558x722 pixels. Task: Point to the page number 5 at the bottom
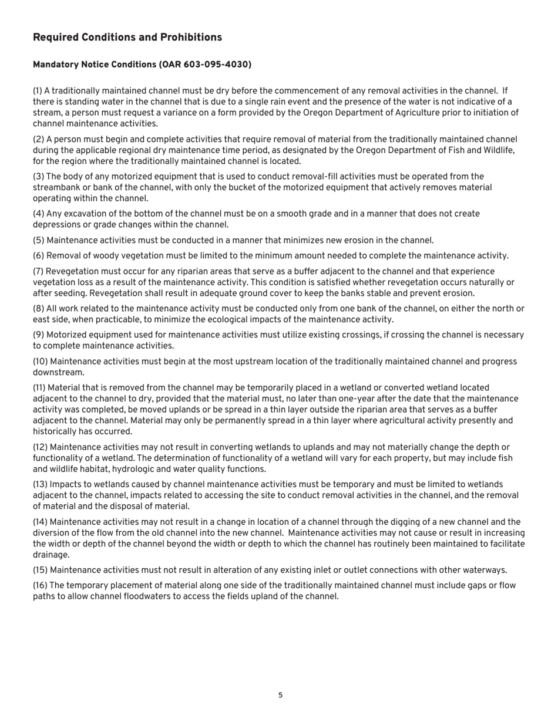(280, 696)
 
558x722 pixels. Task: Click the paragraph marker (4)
(38, 214)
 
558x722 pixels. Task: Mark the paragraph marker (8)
(38, 309)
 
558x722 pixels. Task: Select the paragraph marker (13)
(40, 484)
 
